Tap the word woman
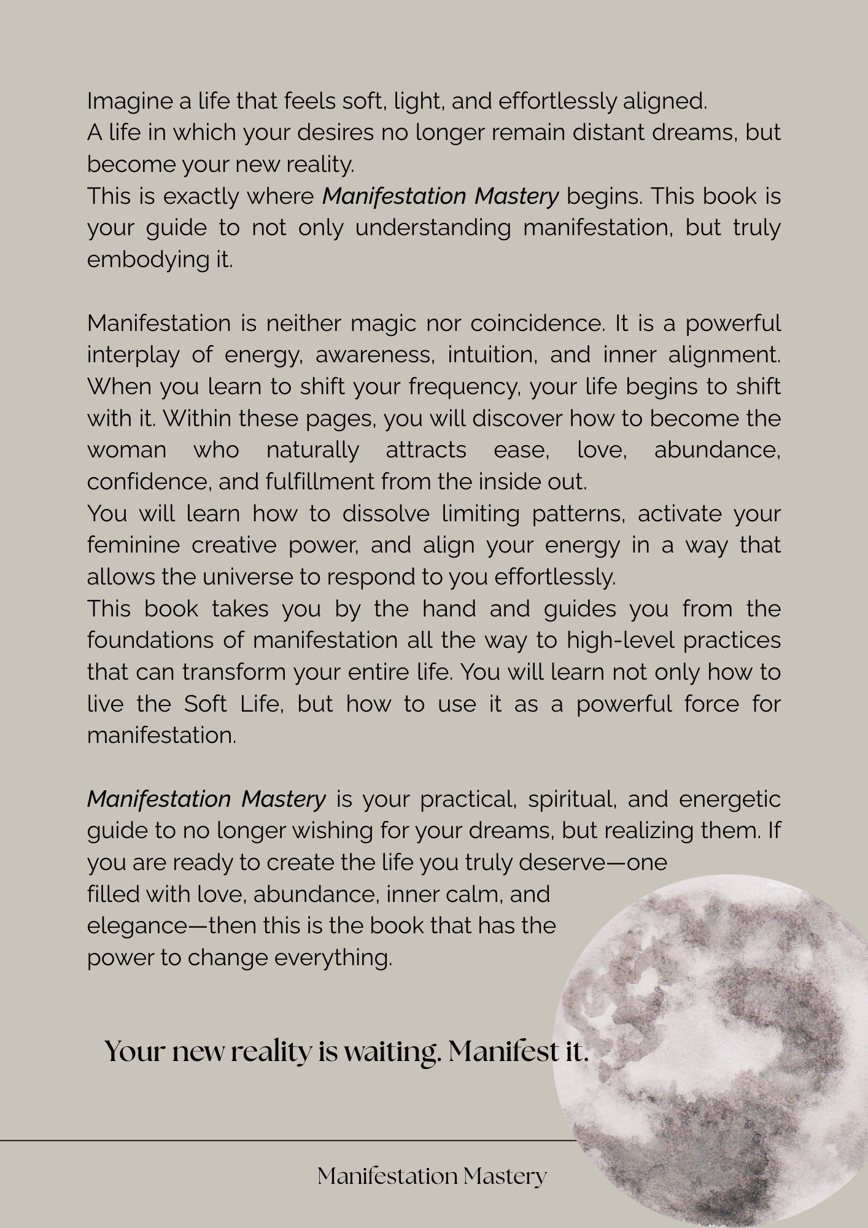[x=126, y=450]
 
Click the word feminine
[x=133, y=545]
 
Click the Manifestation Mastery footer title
[x=432, y=1176]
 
